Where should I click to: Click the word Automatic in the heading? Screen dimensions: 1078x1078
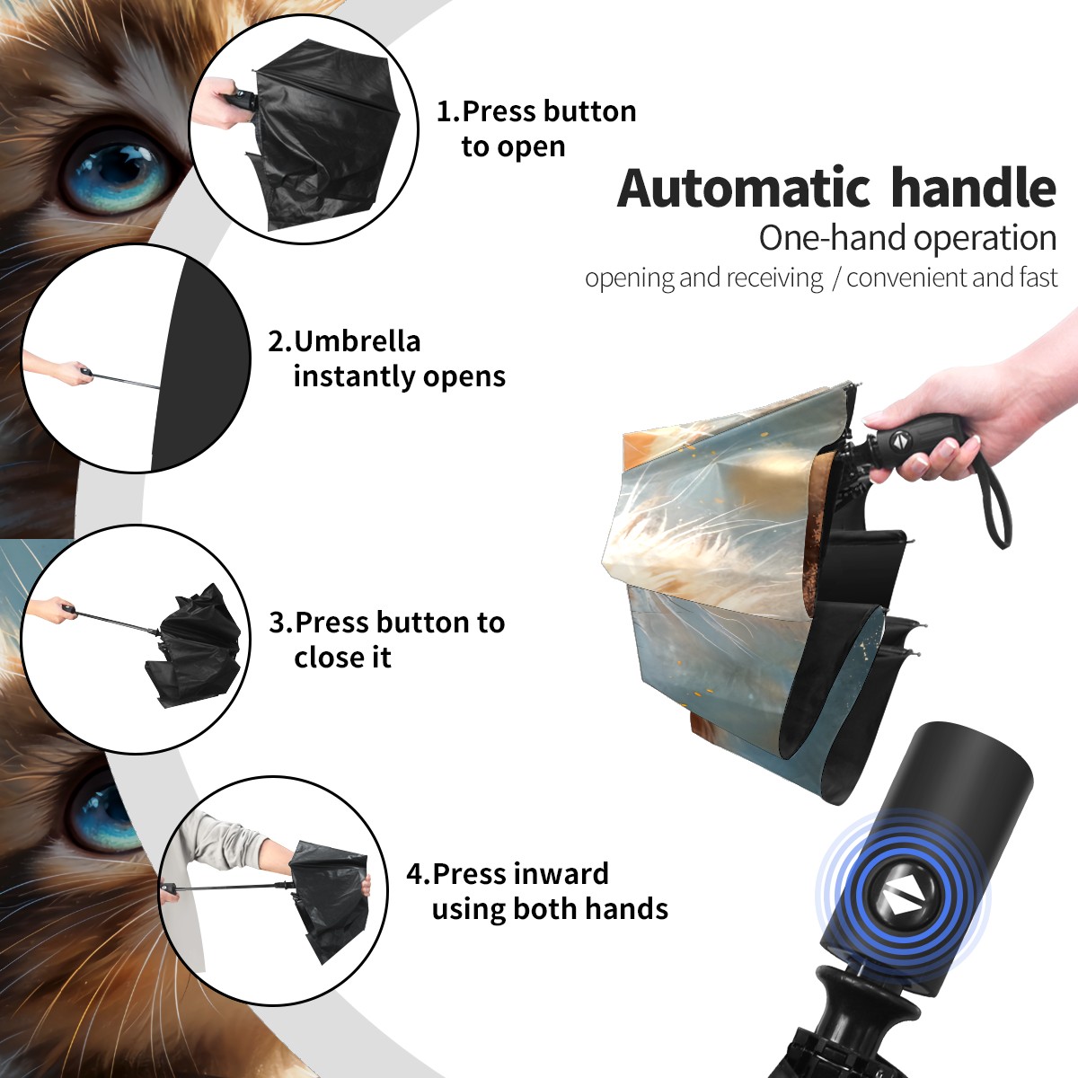[744, 188]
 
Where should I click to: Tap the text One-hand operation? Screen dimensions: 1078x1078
[907, 238]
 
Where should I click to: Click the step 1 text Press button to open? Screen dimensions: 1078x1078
[536, 128]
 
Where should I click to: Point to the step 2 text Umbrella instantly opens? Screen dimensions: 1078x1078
[386, 358]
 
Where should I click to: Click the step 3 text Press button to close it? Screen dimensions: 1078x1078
[386, 640]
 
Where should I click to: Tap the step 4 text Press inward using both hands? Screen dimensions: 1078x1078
[537, 891]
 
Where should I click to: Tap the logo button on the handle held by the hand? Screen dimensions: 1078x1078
[897, 440]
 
